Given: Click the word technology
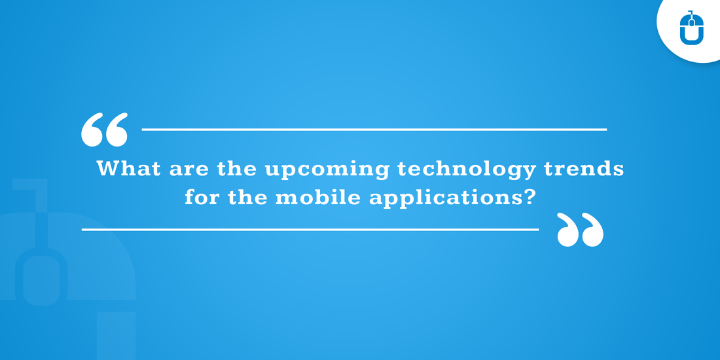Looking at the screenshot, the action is tap(467, 170).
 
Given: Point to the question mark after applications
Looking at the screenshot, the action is tap(529, 197).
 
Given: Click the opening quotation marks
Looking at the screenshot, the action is tap(104, 130).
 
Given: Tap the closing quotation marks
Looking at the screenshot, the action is tap(580, 230).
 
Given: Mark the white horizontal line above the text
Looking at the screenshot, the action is tap(374, 130).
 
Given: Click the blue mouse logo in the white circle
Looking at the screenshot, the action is tap(692, 27).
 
